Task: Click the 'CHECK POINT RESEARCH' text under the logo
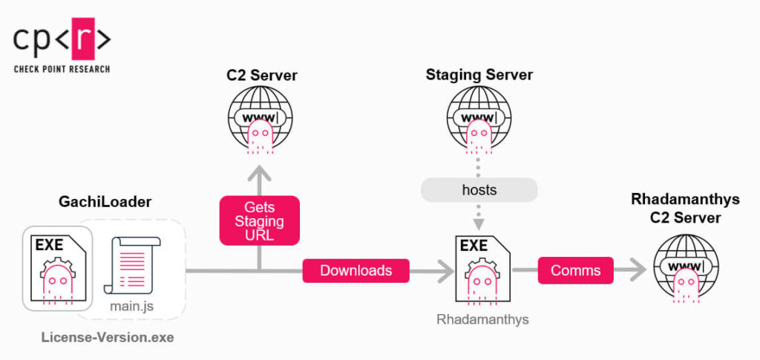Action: coord(62,69)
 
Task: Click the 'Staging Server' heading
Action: coord(479,75)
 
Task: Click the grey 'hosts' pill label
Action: coord(479,190)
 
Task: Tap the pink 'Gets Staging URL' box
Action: coord(259,220)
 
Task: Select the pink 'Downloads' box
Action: coord(356,271)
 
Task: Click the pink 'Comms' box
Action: coord(576,271)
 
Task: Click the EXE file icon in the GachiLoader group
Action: coord(57,269)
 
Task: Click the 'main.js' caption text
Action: coord(133,304)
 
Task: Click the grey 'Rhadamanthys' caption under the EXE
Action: coord(479,320)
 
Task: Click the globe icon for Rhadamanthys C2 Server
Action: coord(686,267)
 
